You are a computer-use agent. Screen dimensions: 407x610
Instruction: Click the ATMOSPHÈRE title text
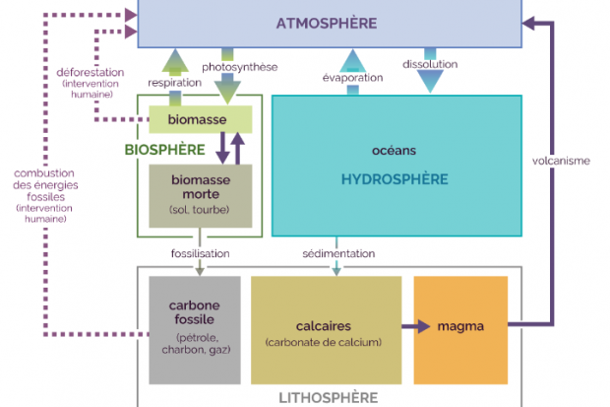[x=327, y=23]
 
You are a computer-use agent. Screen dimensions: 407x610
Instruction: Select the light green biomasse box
[x=201, y=120]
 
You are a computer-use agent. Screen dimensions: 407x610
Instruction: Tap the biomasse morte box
[x=201, y=194]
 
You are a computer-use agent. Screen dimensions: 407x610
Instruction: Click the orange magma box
[x=460, y=325]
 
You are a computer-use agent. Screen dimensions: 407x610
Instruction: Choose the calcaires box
[x=326, y=330]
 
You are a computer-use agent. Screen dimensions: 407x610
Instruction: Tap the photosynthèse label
[x=240, y=67]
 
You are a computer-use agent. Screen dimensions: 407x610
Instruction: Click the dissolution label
[x=430, y=65]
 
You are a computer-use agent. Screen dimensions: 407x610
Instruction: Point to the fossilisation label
[x=200, y=253]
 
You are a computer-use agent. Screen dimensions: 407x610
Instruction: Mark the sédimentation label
[x=337, y=253]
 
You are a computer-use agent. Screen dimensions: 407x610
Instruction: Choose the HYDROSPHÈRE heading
[x=395, y=179]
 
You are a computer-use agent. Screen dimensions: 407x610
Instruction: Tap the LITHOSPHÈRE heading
[x=330, y=397]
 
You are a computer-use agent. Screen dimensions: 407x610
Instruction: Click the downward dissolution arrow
[x=430, y=81]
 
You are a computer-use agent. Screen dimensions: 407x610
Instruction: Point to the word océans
[x=395, y=151]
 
